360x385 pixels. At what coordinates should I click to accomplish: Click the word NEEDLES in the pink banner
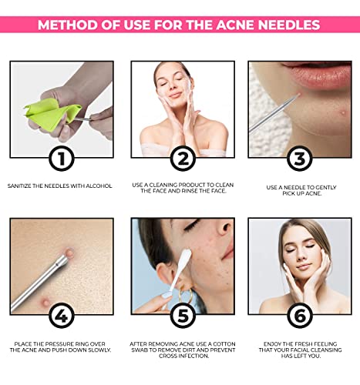pyautogui.click(x=289, y=25)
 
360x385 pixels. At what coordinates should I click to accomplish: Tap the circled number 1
pyautogui.click(x=62, y=159)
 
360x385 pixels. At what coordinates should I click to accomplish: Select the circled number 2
pyautogui.click(x=183, y=159)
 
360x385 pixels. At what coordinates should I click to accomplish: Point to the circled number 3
pyautogui.click(x=300, y=159)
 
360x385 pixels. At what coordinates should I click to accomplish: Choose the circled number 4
pyautogui.click(x=62, y=316)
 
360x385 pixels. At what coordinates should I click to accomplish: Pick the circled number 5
pyautogui.click(x=183, y=316)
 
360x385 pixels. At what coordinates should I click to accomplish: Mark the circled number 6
pyautogui.click(x=300, y=316)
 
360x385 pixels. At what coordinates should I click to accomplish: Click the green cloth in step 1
pyautogui.click(x=52, y=113)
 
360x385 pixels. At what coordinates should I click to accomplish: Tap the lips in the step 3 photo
pyautogui.click(x=318, y=75)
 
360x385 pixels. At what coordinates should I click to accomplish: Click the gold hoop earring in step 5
pyautogui.click(x=186, y=295)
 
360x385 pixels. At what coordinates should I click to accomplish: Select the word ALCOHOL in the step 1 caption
pyautogui.click(x=99, y=186)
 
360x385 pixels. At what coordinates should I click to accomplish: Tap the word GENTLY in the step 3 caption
pyautogui.click(x=323, y=188)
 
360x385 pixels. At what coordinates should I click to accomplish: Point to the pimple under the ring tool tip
pyautogui.click(x=69, y=253)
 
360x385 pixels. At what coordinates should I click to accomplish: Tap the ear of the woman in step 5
pyautogui.click(x=165, y=275)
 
